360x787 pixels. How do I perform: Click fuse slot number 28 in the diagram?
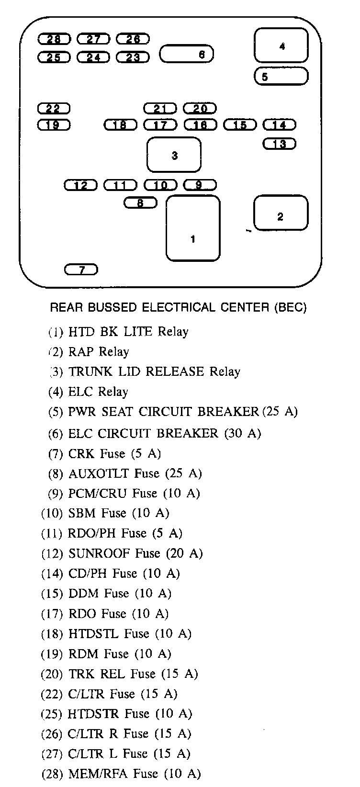[x=54, y=39]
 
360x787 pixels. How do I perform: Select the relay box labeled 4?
[x=281, y=45]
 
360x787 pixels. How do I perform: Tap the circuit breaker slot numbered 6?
[x=186, y=54]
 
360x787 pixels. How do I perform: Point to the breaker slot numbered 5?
[x=281, y=76]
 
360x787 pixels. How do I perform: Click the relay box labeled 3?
[x=174, y=155]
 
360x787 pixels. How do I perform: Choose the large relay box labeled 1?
[x=192, y=228]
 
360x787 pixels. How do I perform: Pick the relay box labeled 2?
[x=280, y=213]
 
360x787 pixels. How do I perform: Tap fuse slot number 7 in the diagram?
[x=81, y=270]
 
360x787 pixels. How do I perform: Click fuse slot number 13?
[x=280, y=144]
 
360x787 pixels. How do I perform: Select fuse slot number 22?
[x=54, y=109]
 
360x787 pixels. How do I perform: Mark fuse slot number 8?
[x=140, y=203]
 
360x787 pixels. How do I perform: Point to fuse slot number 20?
[x=200, y=109]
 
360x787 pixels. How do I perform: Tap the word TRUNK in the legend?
[x=89, y=371]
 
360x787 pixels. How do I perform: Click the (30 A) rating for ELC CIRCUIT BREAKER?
[x=242, y=433]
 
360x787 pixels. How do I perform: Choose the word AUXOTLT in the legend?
[x=99, y=473]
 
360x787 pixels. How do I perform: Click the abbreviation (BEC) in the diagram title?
[x=290, y=307]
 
